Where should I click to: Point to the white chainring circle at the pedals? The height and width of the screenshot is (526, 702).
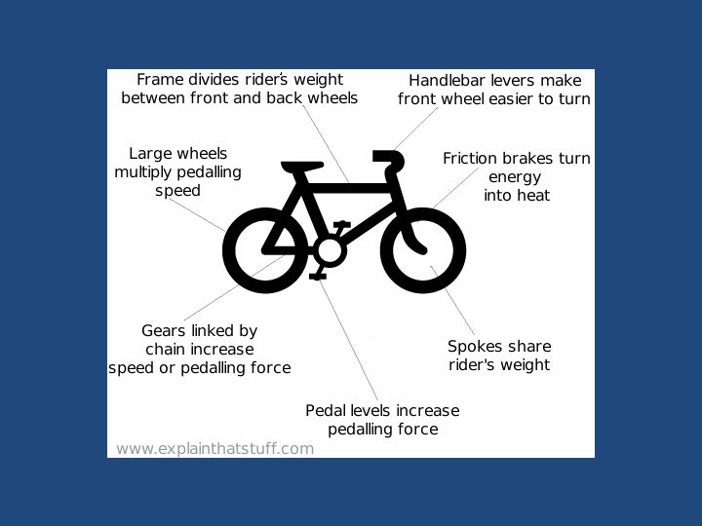click(330, 251)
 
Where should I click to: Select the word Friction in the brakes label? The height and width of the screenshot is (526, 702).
click(472, 159)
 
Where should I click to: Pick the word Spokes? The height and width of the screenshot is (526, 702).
click(474, 347)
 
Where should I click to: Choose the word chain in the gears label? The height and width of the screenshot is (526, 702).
click(168, 350)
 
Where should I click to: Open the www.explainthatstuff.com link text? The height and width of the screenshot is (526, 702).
click(214, 449)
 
